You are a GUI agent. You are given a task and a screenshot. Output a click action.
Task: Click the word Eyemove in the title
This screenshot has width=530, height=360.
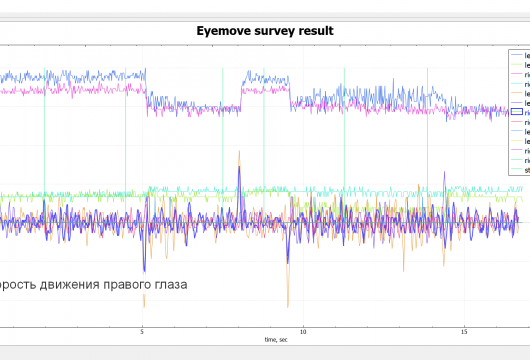click(x=225, y=31)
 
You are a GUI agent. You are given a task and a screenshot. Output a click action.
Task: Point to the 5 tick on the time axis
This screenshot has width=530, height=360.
click(x=142, y=331)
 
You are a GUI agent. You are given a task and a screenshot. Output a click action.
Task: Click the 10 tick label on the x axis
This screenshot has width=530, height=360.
click(x=303, y=331)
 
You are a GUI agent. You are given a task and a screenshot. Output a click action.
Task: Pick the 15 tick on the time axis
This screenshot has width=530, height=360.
click(x=464, y=331)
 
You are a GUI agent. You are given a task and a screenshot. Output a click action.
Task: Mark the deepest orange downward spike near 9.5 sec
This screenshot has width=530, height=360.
click(x=288, y=304)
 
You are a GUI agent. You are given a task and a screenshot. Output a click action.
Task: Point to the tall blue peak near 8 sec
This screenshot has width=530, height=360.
click(x=240, y=165)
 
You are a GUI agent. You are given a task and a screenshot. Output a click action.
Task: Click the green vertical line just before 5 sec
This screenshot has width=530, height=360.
click(x=126, y=150)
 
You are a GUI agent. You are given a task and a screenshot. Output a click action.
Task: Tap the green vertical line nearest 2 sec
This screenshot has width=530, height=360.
click(x=44, y=150)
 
